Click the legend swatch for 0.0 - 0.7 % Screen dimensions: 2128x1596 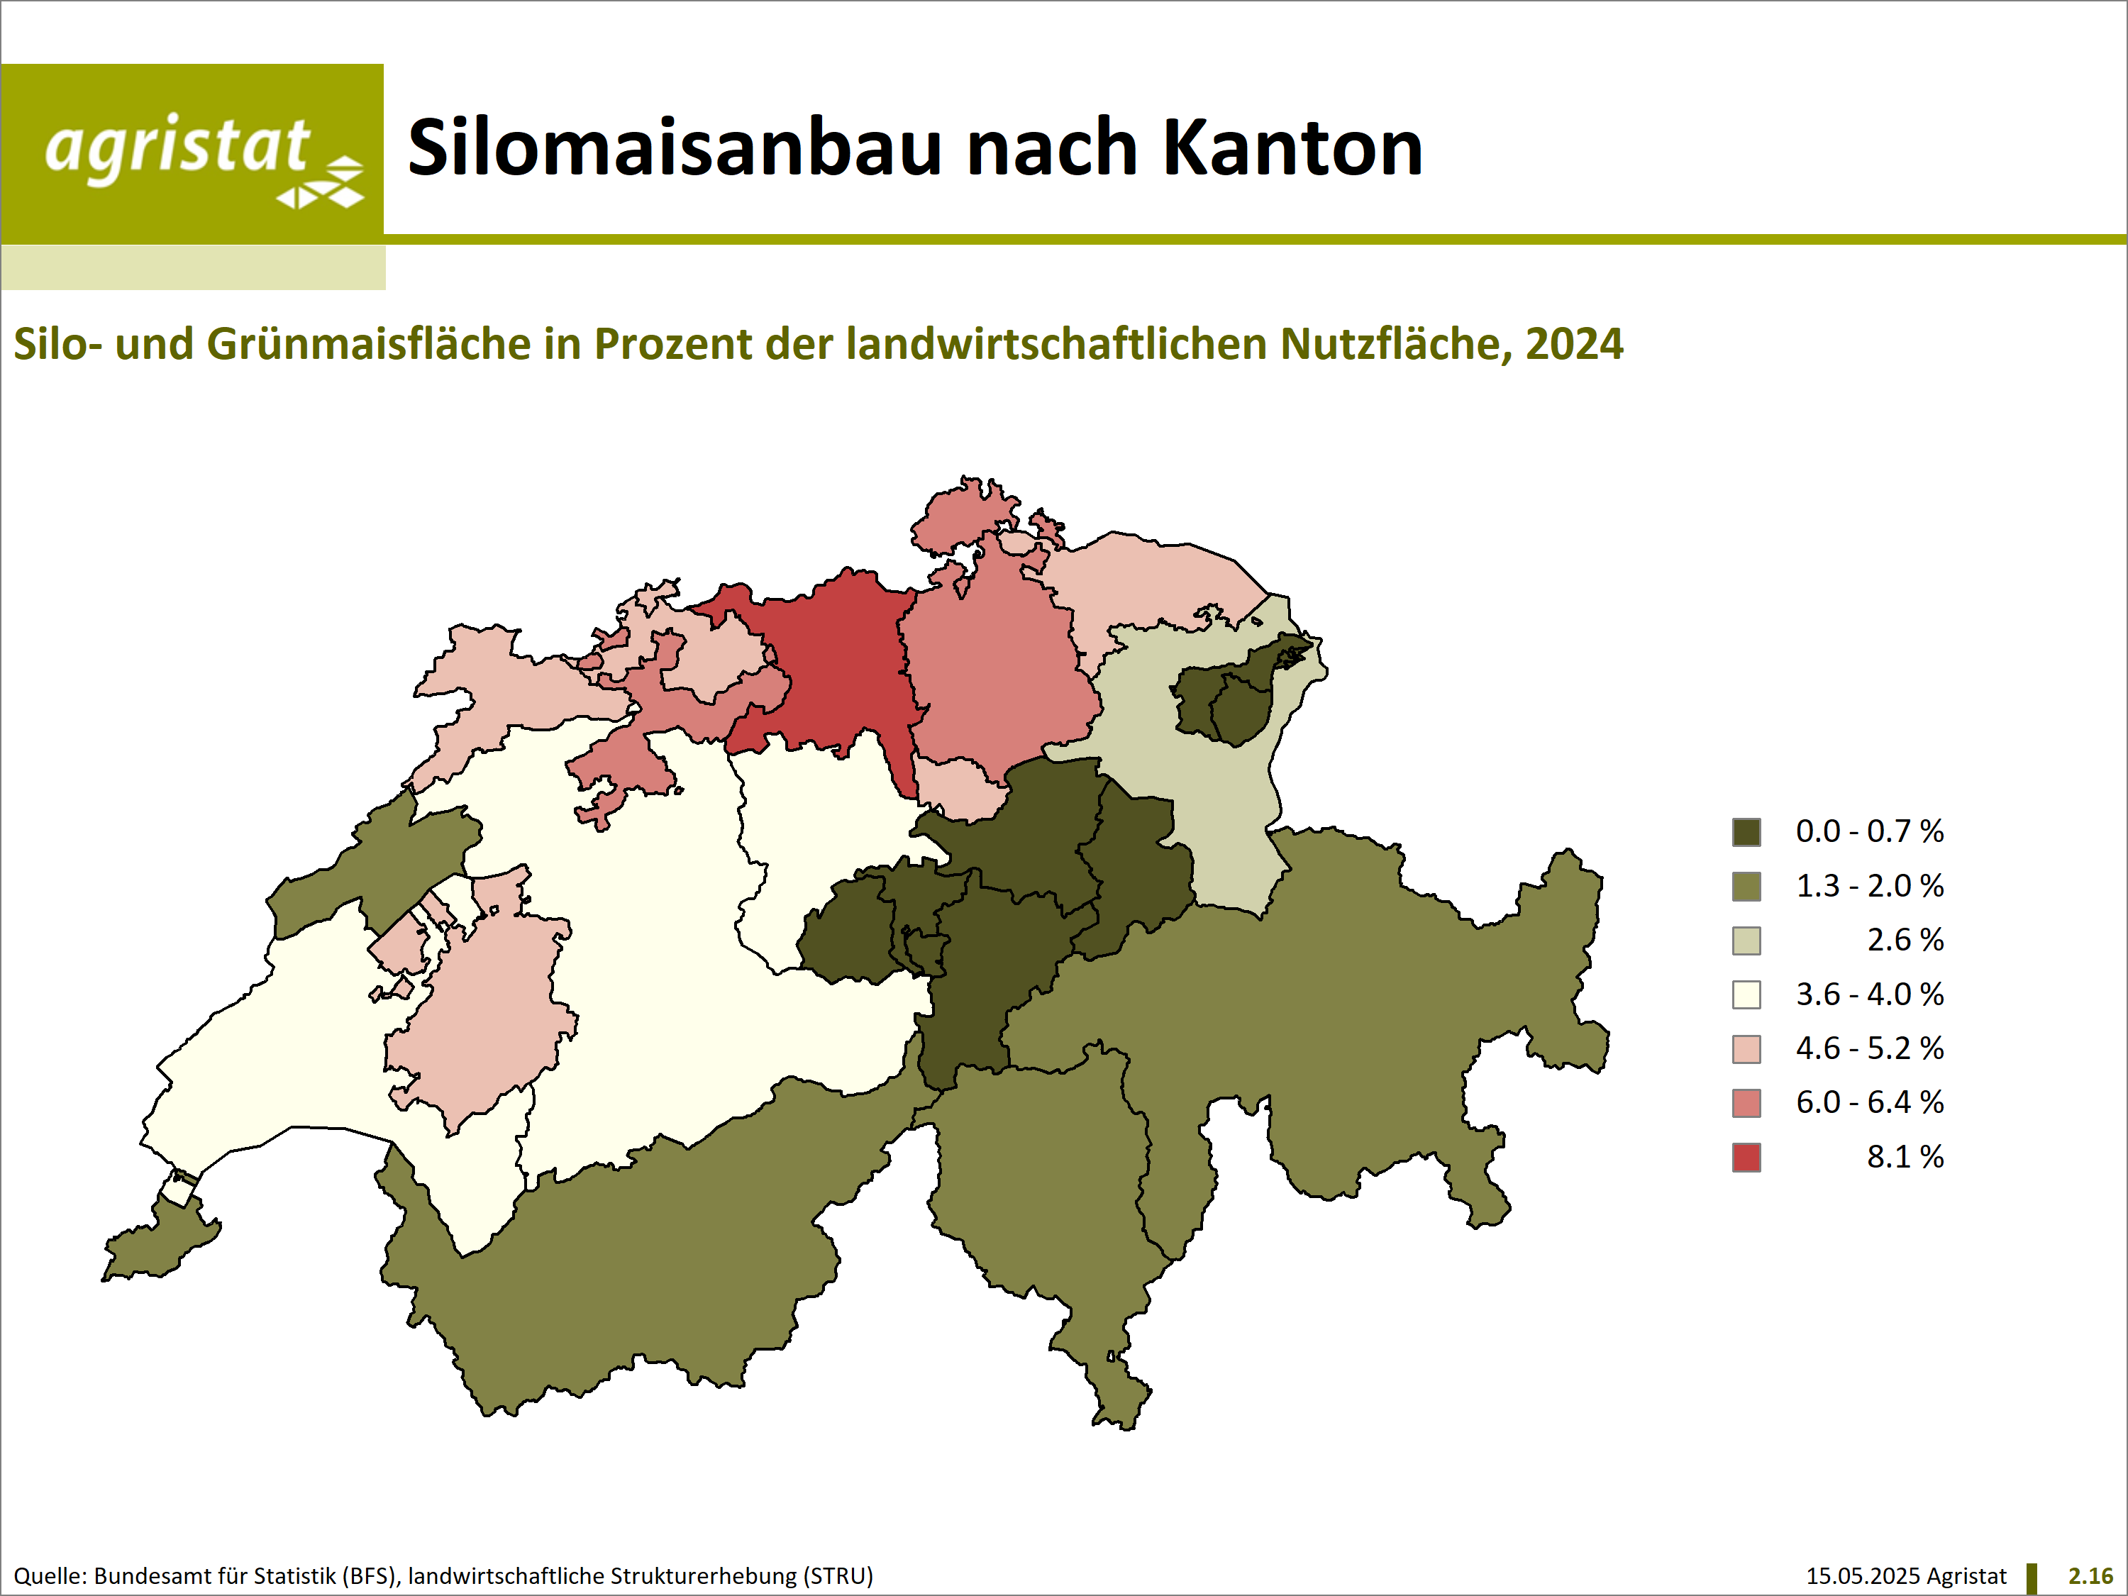(x=1746, y=832)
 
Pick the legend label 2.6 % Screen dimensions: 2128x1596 (x=1905, y=940)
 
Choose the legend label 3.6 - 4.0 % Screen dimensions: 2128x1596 (x=1869, y=994)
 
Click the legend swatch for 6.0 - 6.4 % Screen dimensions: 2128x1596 (x=1746, y=1102)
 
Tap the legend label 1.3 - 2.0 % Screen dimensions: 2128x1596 (x=1869, y=885)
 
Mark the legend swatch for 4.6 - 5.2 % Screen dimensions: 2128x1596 (x=1746, y=1048)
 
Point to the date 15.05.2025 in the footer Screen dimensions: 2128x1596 (x=1863, y=1576)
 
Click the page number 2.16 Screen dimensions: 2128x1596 (x=2090, y=1576)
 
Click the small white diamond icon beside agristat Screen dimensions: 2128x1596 (x=321, y=184)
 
